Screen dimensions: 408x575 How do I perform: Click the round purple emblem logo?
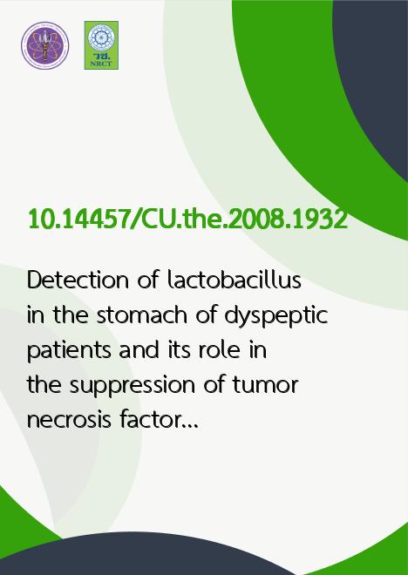coord(44,45)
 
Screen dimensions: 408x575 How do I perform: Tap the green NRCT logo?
coord(101,45)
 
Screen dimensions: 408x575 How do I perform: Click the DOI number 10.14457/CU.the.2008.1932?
coord(187,220)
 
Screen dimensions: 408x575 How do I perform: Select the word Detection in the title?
coord(78,280)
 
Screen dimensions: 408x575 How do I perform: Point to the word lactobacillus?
coord(235,280)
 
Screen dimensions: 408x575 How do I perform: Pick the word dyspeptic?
coord(275,316)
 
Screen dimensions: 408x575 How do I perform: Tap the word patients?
coord(69,351)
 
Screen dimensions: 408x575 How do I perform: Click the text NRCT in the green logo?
coord(101,64)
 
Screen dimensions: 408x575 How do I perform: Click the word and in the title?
coord(139,350)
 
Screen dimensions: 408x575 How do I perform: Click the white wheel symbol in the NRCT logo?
coord(101,37)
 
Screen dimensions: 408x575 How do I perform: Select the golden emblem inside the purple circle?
coord(44,45)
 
